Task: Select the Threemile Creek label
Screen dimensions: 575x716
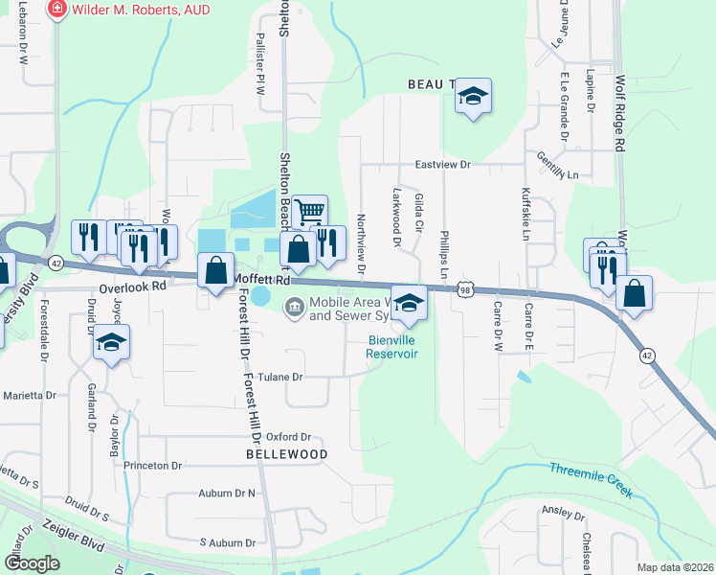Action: pos(591,480)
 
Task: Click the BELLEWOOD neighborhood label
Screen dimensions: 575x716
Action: pos(287,454)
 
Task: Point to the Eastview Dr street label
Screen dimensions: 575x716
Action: pos(443,165)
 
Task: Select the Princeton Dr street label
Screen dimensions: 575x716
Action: pos(152,466)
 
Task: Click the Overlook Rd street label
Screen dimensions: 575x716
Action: pos(133,287)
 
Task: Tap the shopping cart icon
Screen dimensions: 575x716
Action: pos(309,211)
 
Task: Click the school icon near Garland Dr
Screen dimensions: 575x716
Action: pos(112,341)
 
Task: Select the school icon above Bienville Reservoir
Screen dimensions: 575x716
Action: pos(409,304)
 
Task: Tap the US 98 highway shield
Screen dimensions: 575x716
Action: pos(465,288)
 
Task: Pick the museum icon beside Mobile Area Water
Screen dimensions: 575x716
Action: pos(294,308)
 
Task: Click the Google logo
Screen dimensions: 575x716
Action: pos(32,563)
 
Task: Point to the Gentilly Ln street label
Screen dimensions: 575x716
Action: pos(558,167)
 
